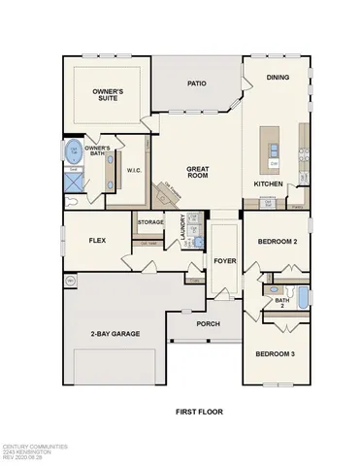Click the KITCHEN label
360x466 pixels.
click(x=269, y=183)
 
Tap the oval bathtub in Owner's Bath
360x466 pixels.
click(x=75, y=151)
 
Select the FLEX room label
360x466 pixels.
click(x=96, y=239)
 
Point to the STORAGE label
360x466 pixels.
click(x=150, y=222)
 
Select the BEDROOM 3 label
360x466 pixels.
click(x=278, y=354)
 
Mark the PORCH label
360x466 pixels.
click(x=208, y=323)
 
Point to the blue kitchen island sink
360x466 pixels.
click(x=275, y=149)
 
